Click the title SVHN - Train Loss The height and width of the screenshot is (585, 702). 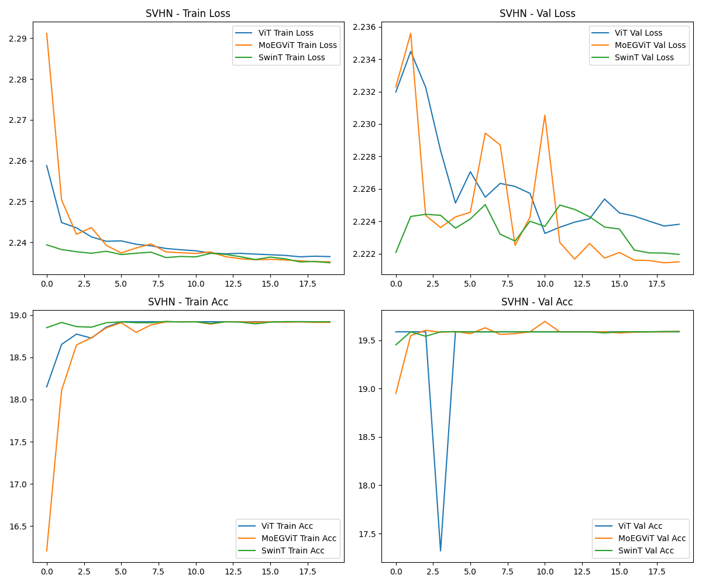tap(188, 13)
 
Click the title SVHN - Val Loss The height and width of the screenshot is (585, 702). tap(537, 13)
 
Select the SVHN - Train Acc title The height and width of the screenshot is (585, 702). tap(188, 302)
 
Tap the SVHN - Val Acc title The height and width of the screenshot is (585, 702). tap(537, 302)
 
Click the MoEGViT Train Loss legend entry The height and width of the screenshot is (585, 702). tap(297, 45)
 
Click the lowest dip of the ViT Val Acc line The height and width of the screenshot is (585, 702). tap(441, 550)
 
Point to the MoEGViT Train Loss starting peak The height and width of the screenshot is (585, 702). tap(47, 33)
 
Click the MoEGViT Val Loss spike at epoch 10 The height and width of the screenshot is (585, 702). tap(545, 115)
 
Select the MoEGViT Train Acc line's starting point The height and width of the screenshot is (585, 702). tap(47, 550)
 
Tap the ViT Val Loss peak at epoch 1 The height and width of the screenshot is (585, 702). tap(411, 51)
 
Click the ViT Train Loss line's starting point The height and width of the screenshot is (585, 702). tap(47, 166)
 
